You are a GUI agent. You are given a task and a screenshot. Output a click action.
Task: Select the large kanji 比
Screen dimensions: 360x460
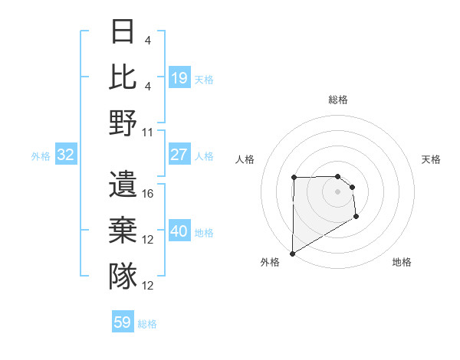click(123, 77)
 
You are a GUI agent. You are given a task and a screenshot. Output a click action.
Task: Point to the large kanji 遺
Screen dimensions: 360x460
click(123, 185)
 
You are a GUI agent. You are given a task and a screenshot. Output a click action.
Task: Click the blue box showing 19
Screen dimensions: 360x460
click(179, 77)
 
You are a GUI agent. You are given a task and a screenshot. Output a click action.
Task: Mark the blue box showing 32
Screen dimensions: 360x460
click(66, 155)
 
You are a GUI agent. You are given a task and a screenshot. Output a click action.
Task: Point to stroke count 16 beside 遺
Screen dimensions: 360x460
click(149, 194)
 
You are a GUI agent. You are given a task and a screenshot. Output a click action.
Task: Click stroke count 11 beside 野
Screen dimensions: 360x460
click(149, 132)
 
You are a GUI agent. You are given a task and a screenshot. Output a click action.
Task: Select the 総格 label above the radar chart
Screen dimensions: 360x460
click(338, 100)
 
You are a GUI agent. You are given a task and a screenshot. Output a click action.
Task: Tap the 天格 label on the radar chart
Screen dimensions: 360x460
click(432, 159)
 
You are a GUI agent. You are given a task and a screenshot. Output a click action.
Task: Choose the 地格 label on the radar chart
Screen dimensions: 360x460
click(402, 262)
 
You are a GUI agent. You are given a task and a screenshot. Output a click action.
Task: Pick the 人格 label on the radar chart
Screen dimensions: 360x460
click(245, 159)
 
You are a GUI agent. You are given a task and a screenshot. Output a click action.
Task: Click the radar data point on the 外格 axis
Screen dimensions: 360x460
click(292, 253)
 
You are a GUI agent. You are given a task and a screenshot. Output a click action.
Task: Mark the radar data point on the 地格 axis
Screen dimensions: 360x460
click(356, 218)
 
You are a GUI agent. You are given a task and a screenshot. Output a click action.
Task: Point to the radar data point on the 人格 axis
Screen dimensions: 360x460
click(294, 178)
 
